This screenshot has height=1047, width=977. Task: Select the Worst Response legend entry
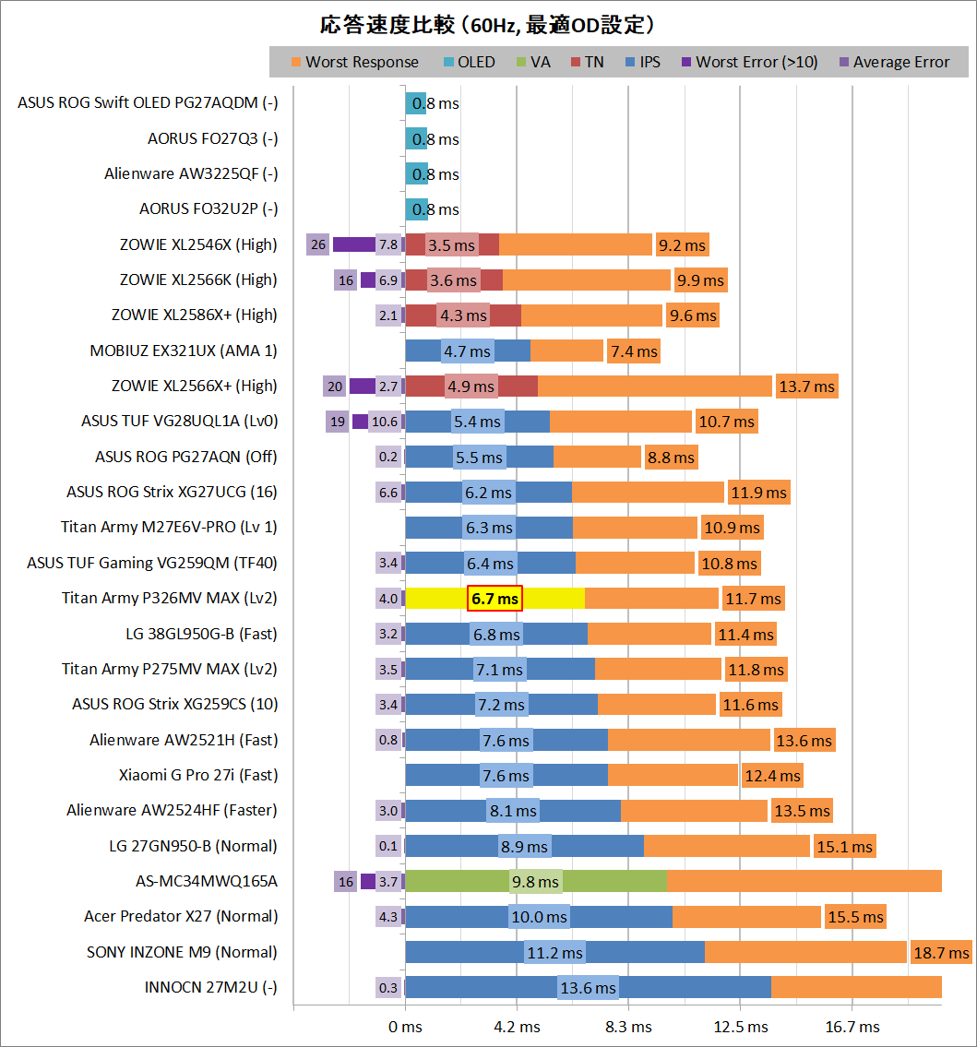point(354,63)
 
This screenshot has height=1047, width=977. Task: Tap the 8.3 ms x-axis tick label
point(629,1027)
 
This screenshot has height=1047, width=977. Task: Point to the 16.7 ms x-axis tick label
point(853,1027)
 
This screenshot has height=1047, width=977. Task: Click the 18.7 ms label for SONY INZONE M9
point(940,953)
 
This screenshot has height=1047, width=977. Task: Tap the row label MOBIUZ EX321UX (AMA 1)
point(183,351)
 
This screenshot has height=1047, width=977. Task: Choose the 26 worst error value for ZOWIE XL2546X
point(318,244)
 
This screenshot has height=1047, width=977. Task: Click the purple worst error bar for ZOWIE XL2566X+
point(362,386)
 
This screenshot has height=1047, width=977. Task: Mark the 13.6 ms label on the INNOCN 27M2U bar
point(588,988)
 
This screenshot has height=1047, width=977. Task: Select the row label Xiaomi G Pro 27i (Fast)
point(198,775)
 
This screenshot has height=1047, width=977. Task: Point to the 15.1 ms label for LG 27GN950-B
point(844,846)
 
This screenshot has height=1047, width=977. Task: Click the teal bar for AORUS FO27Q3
point(416,138)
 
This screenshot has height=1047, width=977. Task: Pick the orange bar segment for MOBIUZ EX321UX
point(567,351)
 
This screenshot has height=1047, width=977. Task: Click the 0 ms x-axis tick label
point(405,1027)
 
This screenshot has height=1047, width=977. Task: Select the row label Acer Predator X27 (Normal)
point(181,916)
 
